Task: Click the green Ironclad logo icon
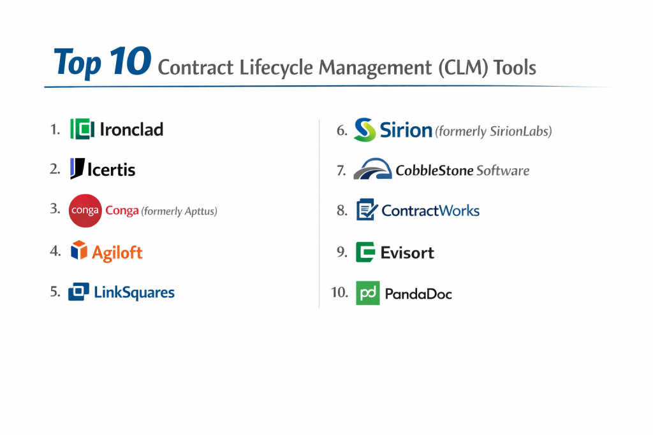coord(82,129)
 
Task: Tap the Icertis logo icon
coord(77,168)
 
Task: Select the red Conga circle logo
coord(85,210)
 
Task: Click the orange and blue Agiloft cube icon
coord(78,250)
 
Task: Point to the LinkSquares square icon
coord(78,291)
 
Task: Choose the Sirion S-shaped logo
coord(365,130)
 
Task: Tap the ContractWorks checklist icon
coord(367,209)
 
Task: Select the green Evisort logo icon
coord(365,252)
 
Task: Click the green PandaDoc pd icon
coord(368,293)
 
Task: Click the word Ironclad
coord(131,129)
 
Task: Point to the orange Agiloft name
coord(117,253)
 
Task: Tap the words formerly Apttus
coord(179,211)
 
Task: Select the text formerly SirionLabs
coord(494,131)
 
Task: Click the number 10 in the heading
coord(130,61)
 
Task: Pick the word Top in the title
coord(77,63)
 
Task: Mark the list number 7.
coord(342,171)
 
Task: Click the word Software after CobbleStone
coord(503,171)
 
